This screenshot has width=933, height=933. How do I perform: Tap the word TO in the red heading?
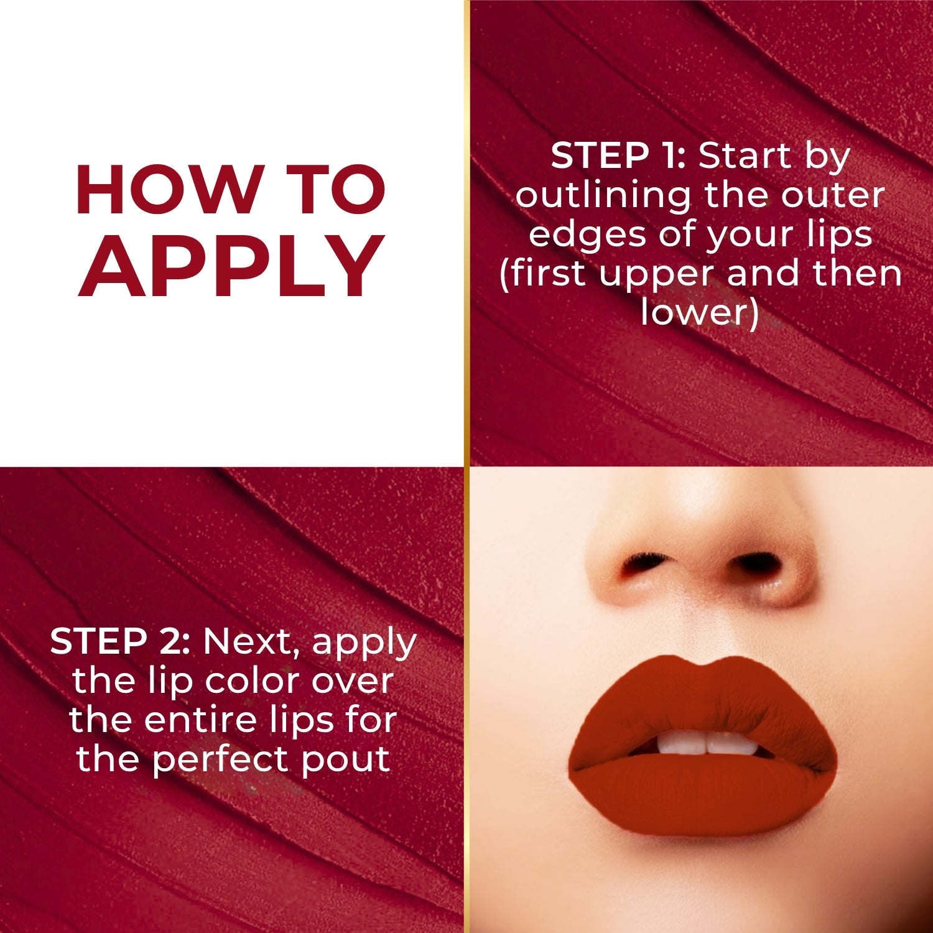click(338, 190)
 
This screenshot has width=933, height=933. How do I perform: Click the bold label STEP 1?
click(618, 155)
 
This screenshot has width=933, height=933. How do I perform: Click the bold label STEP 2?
click(120, 641)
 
